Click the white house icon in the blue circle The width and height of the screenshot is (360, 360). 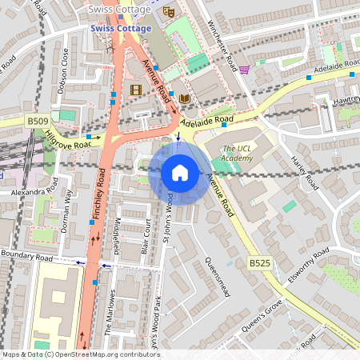coord(180,173)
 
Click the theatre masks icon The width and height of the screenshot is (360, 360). coord(168,11)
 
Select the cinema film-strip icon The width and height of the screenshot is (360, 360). coord(135,90)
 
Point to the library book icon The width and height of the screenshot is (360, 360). coord(185,98)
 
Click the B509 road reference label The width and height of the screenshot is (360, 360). coord(37,121)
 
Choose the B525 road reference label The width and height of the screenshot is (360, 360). coord(258,262)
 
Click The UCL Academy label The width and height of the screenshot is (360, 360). coord(237,154)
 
